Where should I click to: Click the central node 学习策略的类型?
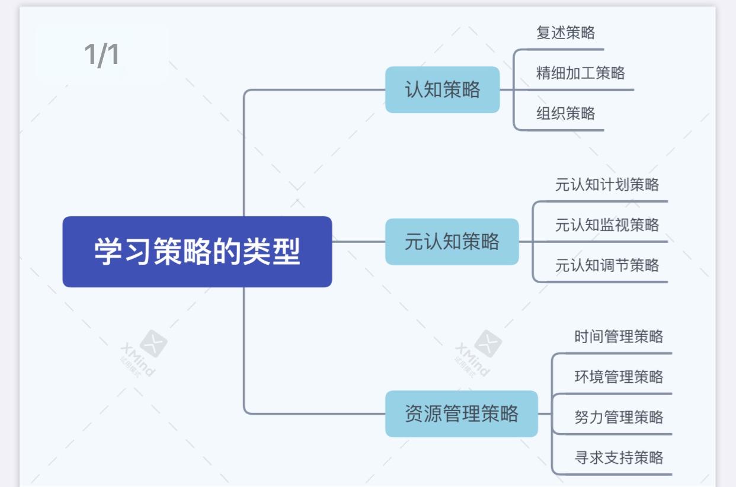[197, 252]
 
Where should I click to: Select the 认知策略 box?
[442, 90]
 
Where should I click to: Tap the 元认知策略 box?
[452, 242]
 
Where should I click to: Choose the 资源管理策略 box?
[461, 414]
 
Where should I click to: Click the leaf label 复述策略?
[565, 33]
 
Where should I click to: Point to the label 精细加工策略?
[580, 73]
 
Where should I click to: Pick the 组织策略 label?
[565, 114]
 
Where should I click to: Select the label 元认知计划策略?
[607, 185]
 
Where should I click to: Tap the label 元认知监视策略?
[607, 225]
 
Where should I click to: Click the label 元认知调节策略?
[607, 265]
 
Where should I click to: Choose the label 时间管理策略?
[619, 337]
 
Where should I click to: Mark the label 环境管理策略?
[619, 377]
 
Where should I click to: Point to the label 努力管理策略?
[619, 418]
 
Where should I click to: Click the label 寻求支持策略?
[619, 458]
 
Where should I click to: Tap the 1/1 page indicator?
[101, 55]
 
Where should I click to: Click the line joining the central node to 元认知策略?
[359, 242]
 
